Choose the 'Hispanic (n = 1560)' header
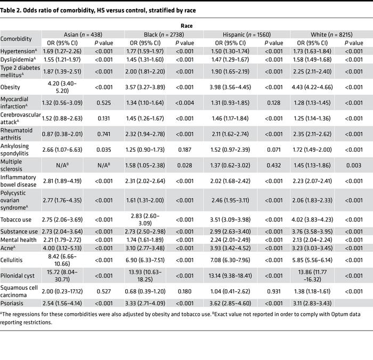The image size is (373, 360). click(x=247, y=35)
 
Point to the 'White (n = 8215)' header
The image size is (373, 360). click(x=330, y=35)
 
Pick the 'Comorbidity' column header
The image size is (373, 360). click(x=16, y=39)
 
